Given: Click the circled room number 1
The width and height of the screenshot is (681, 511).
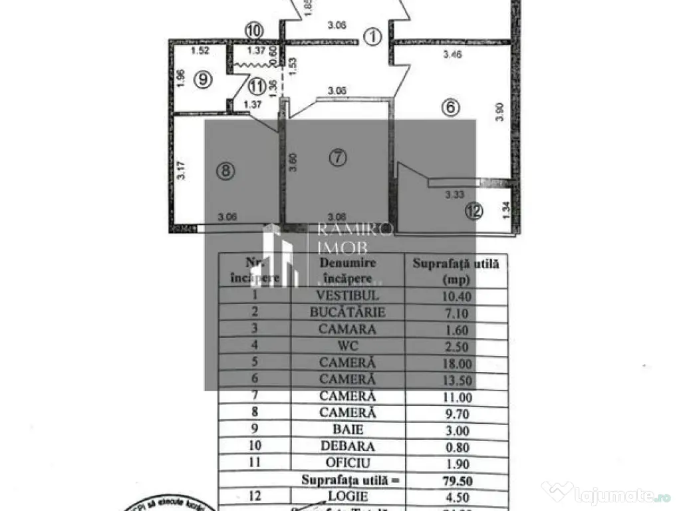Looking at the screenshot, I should click(374, 37).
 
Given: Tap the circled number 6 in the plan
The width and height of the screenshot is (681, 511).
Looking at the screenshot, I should click(450, 108).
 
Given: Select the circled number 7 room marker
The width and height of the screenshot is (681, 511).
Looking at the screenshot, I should click(338, 157).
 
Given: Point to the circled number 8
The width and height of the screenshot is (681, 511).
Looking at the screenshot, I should click(225, 171).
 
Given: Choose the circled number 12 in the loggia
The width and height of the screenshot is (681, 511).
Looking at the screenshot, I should click(474, 212).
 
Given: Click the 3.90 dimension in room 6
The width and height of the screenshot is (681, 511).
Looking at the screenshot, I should click(500, 110).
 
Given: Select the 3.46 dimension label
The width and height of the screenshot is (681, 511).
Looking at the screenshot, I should click(453, 55).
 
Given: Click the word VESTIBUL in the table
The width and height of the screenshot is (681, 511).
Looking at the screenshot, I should click(348, 295).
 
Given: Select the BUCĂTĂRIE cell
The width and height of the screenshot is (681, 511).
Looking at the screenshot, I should click(348, 312).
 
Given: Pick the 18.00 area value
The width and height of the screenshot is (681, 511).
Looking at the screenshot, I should click(456, 363).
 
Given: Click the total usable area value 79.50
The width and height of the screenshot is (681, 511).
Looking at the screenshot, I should click(456, 480).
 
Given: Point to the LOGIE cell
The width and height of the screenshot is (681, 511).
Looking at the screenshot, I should click(348, 496).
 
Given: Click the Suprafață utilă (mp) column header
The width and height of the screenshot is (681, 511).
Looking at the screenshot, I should click(456, 271).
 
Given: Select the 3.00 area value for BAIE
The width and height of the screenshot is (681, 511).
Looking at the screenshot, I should click(456, 430).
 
